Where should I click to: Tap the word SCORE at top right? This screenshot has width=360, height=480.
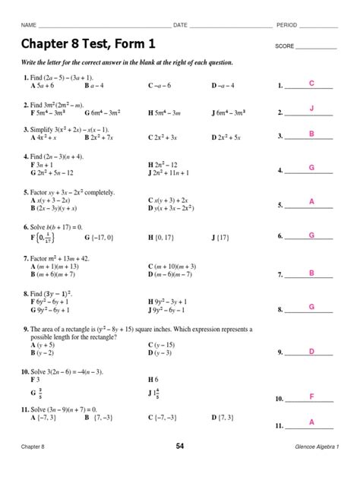[284, 46]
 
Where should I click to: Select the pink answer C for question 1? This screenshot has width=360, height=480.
[311, 82]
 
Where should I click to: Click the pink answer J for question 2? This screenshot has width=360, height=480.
[311, 109]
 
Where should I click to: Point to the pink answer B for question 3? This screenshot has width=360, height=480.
[311, 134]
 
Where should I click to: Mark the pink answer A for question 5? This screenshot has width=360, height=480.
[311, 201]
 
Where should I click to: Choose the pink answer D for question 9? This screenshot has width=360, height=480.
[311, 351]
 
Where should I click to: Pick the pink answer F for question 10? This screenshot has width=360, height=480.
[311, 396]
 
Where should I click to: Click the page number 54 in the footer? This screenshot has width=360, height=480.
[180, 467]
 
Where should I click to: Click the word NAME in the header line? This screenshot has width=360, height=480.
[29, 25]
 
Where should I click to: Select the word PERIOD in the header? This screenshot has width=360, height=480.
[287, 25]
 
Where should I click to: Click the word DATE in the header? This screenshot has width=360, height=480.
[180, 25]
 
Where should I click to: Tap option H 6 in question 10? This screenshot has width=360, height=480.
[153, 378]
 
